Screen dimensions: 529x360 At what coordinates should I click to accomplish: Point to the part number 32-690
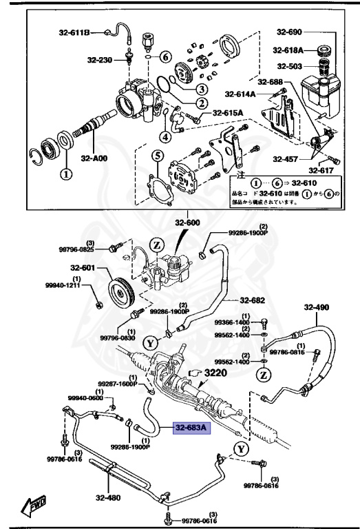[x=290, y=32]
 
